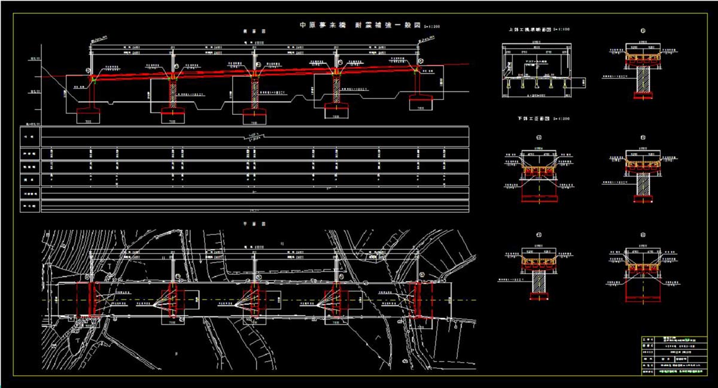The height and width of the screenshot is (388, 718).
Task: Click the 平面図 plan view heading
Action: [250, 224]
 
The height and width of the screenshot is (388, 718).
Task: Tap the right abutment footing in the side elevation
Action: [421, 103]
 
